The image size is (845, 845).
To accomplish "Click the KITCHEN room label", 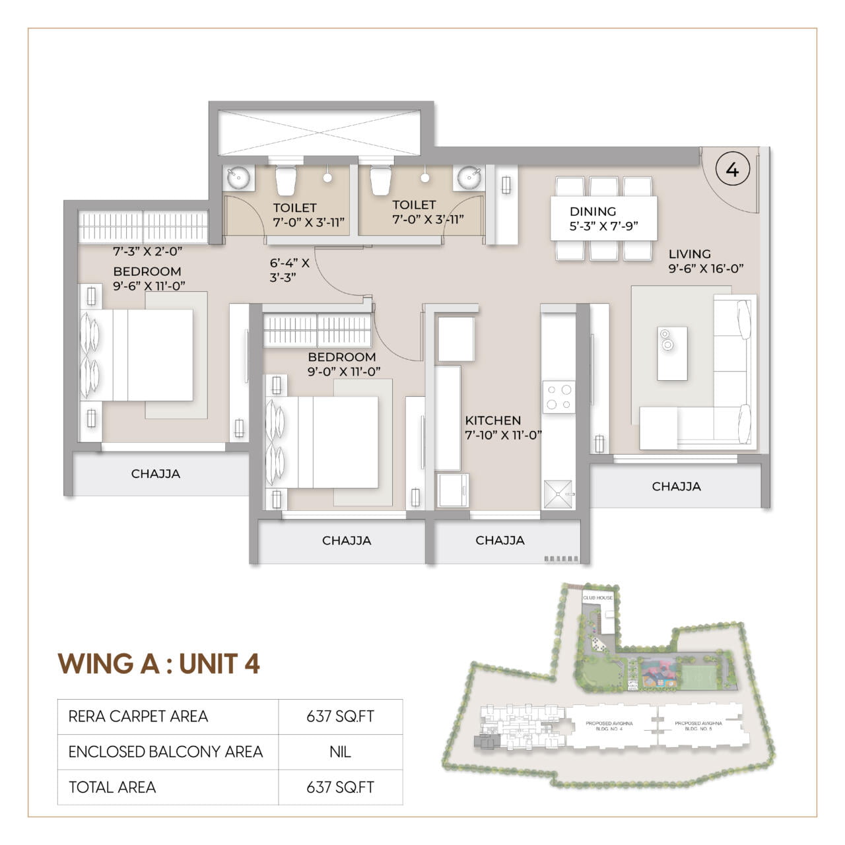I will tap(492, 421).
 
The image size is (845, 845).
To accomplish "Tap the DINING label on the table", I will tap(593, 212).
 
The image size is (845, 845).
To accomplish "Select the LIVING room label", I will tap(689, 254).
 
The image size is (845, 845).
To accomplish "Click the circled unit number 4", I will tap(731, 170).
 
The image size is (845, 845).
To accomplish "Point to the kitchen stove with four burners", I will tap(558, 397).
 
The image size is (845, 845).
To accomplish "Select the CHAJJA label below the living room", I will tap(676, 487).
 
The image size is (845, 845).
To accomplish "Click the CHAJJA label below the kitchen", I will tap(500, 540).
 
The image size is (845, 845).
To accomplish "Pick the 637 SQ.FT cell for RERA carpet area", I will tap(340, 716).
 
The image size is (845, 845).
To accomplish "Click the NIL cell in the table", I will tap(340, 752).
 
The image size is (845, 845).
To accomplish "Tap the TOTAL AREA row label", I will tap(112, 788).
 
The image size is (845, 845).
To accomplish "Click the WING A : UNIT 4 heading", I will tap(158, 663).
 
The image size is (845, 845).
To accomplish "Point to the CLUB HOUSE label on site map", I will tap(597, 597).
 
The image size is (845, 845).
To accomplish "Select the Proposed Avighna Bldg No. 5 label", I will tap(698, 726).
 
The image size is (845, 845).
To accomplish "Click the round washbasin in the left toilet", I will tap(238, 178).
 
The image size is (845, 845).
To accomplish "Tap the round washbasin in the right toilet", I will tap(469, 177).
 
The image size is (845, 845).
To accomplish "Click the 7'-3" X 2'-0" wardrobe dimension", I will tap(147, 252).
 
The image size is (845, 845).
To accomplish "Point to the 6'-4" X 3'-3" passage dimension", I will tap(289, 270).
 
